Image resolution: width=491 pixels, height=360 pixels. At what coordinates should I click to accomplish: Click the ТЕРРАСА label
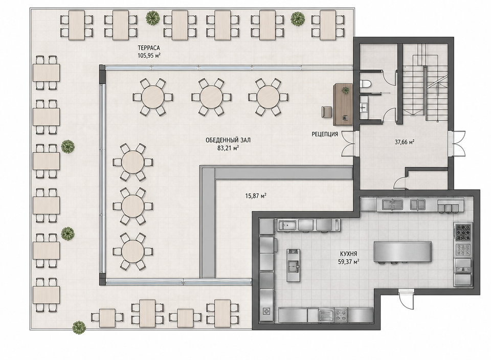tap(149, 48)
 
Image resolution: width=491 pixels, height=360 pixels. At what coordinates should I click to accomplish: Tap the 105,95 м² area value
tap(149, 56)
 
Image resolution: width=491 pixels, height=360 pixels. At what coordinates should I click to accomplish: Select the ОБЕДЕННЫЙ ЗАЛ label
tap(228, 141)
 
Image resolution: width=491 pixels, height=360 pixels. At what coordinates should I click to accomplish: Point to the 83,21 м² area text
tap(228, 148)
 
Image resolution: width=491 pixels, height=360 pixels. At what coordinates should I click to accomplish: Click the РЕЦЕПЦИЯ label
tap(325, 134)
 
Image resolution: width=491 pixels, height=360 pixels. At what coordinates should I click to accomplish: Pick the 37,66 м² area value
tap(405, 142)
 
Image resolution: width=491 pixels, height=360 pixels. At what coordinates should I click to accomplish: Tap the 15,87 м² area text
tap(256, 196)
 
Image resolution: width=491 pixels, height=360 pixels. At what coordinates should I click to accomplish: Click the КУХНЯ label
tap(348, 254)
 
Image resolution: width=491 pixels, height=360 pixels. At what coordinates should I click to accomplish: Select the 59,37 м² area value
tap(348, 262)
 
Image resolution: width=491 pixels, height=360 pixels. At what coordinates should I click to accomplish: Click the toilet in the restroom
tap(366, 84)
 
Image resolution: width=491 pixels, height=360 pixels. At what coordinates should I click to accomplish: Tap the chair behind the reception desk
tap(326, 112)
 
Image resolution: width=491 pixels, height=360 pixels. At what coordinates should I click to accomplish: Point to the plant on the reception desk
tap(345, 91)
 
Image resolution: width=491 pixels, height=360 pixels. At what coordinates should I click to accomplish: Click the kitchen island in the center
tap(403, 252)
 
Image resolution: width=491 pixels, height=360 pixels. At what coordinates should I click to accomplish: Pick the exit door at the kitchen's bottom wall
tap(406, 300)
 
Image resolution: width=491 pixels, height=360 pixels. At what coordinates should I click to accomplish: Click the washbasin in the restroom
tap(364, 106)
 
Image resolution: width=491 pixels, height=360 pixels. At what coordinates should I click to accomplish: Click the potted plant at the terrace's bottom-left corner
tap(79, 327)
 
